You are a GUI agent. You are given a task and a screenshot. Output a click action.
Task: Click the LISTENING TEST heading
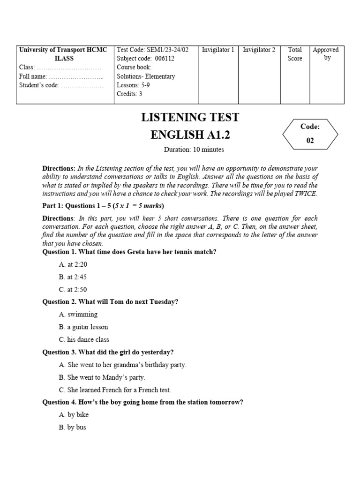click(190, 117)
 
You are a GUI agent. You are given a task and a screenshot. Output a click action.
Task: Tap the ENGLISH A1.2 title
click(190, 135)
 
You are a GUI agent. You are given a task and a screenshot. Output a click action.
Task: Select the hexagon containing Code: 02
click(310, 134)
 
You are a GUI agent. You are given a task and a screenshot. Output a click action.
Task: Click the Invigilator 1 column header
click(218, 50)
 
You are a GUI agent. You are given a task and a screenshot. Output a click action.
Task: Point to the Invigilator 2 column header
click(259, 50)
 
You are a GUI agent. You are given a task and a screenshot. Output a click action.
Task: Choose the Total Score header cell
click(295, 54)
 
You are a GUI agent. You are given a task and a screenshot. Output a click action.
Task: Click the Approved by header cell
click(325, 53)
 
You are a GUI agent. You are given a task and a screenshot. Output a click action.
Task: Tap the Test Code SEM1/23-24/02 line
click(152, 50)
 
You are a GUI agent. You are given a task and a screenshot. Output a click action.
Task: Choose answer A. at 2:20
click(73, 264)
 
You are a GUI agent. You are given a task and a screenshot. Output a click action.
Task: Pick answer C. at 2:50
click(73, 290)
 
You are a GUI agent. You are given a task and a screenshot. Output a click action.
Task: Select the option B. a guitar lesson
click(83, 327)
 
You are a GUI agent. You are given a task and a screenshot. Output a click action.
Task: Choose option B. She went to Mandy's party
click(102, 377)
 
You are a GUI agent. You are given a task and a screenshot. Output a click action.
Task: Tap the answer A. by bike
click(74, 415)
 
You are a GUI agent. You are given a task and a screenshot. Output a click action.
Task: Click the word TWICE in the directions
click(306, 194)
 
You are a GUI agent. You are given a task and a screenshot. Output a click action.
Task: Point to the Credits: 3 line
click(129, 94)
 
